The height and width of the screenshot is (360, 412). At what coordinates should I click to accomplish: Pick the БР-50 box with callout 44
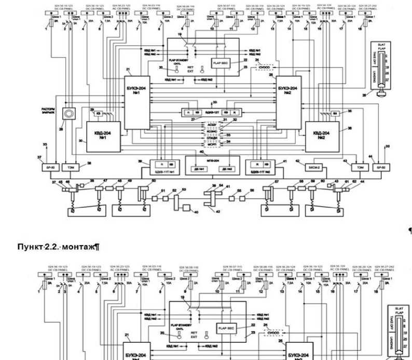[x=381, y=167]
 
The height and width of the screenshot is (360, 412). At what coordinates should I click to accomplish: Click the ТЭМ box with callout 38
[x=68, y=167]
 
